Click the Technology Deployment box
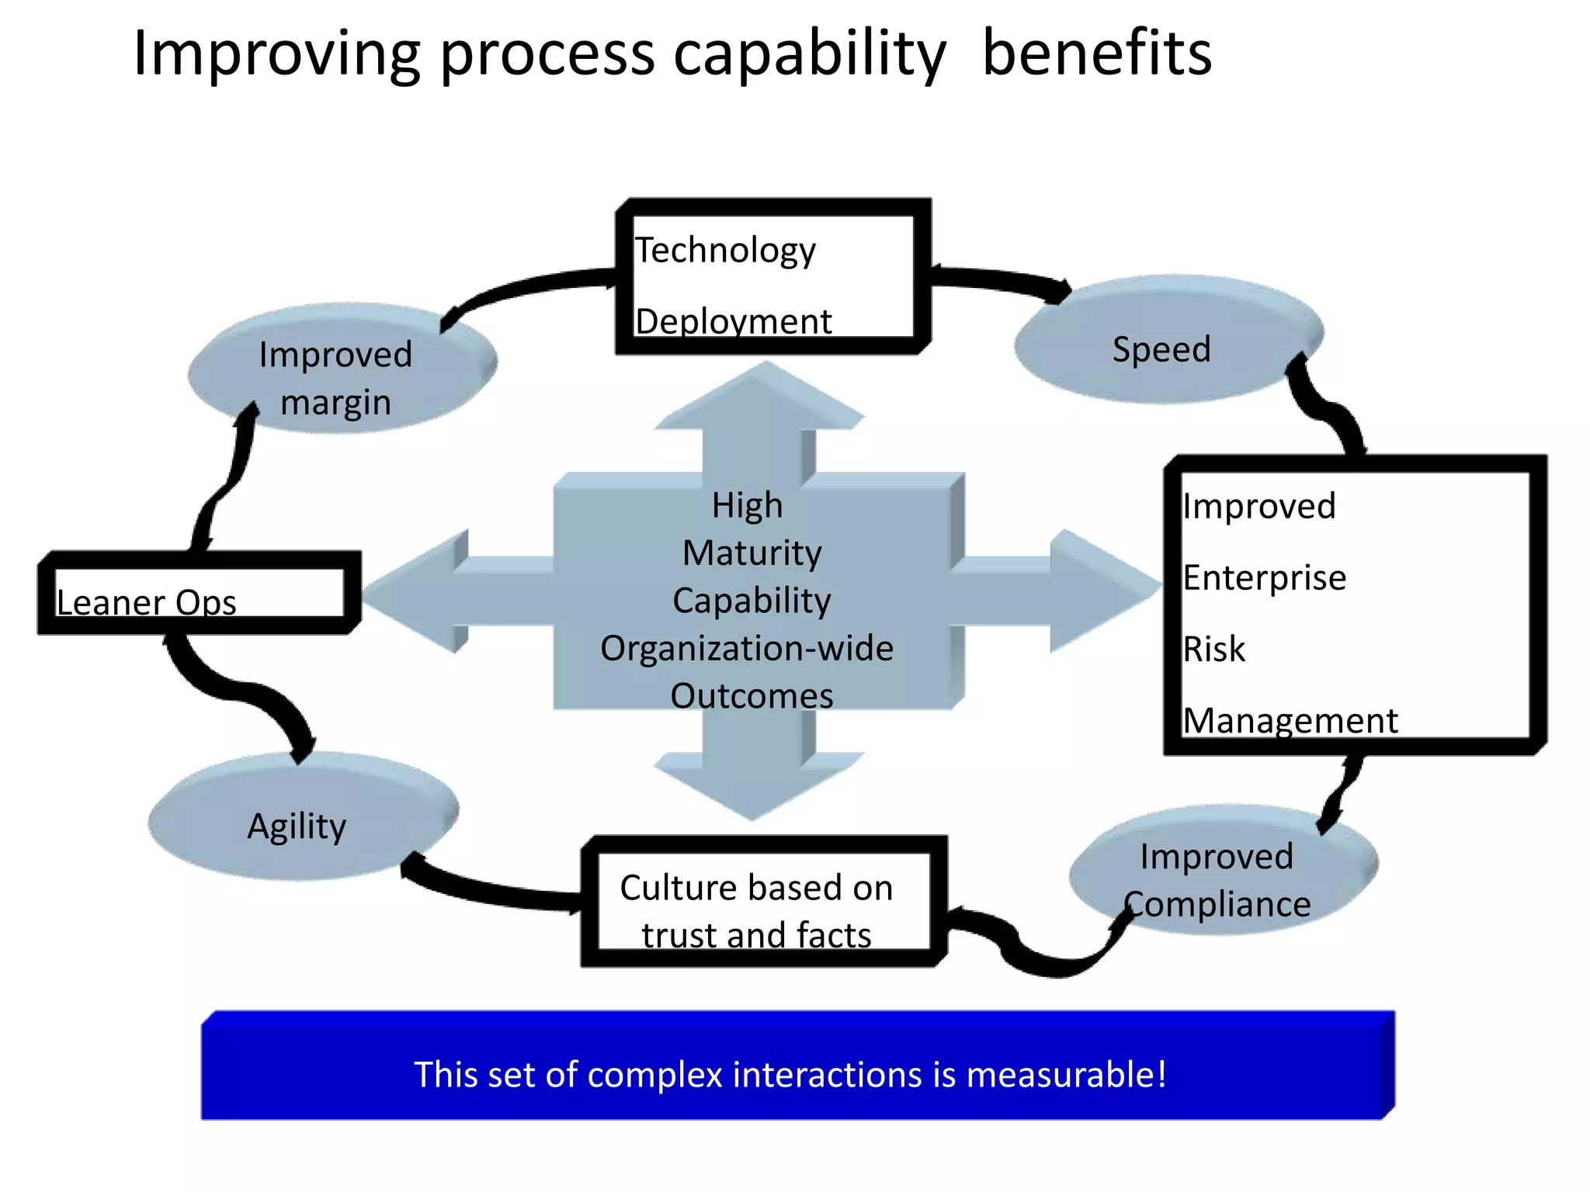click(x=773, y=277)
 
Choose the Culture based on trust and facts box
click(x=764, y=903)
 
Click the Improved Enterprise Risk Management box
click(x=1355, y=605)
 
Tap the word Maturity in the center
click(x=752, y=553)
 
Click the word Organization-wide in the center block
click(x=747, y=649)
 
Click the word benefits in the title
click(x=1096, y=54)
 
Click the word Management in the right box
click(x=1290, y=721)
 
